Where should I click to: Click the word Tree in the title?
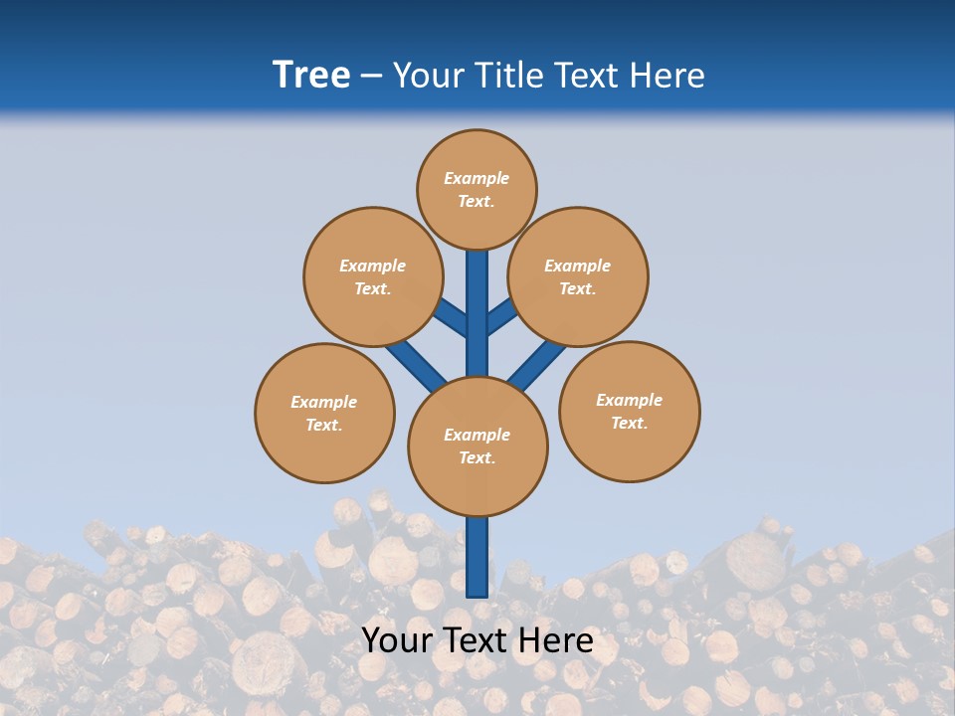click(x=311, y=76)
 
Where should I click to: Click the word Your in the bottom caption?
click(x=394, y=640)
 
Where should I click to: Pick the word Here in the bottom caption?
click(x=558, y=640)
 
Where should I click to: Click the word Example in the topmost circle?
click(x=477, y=178)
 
